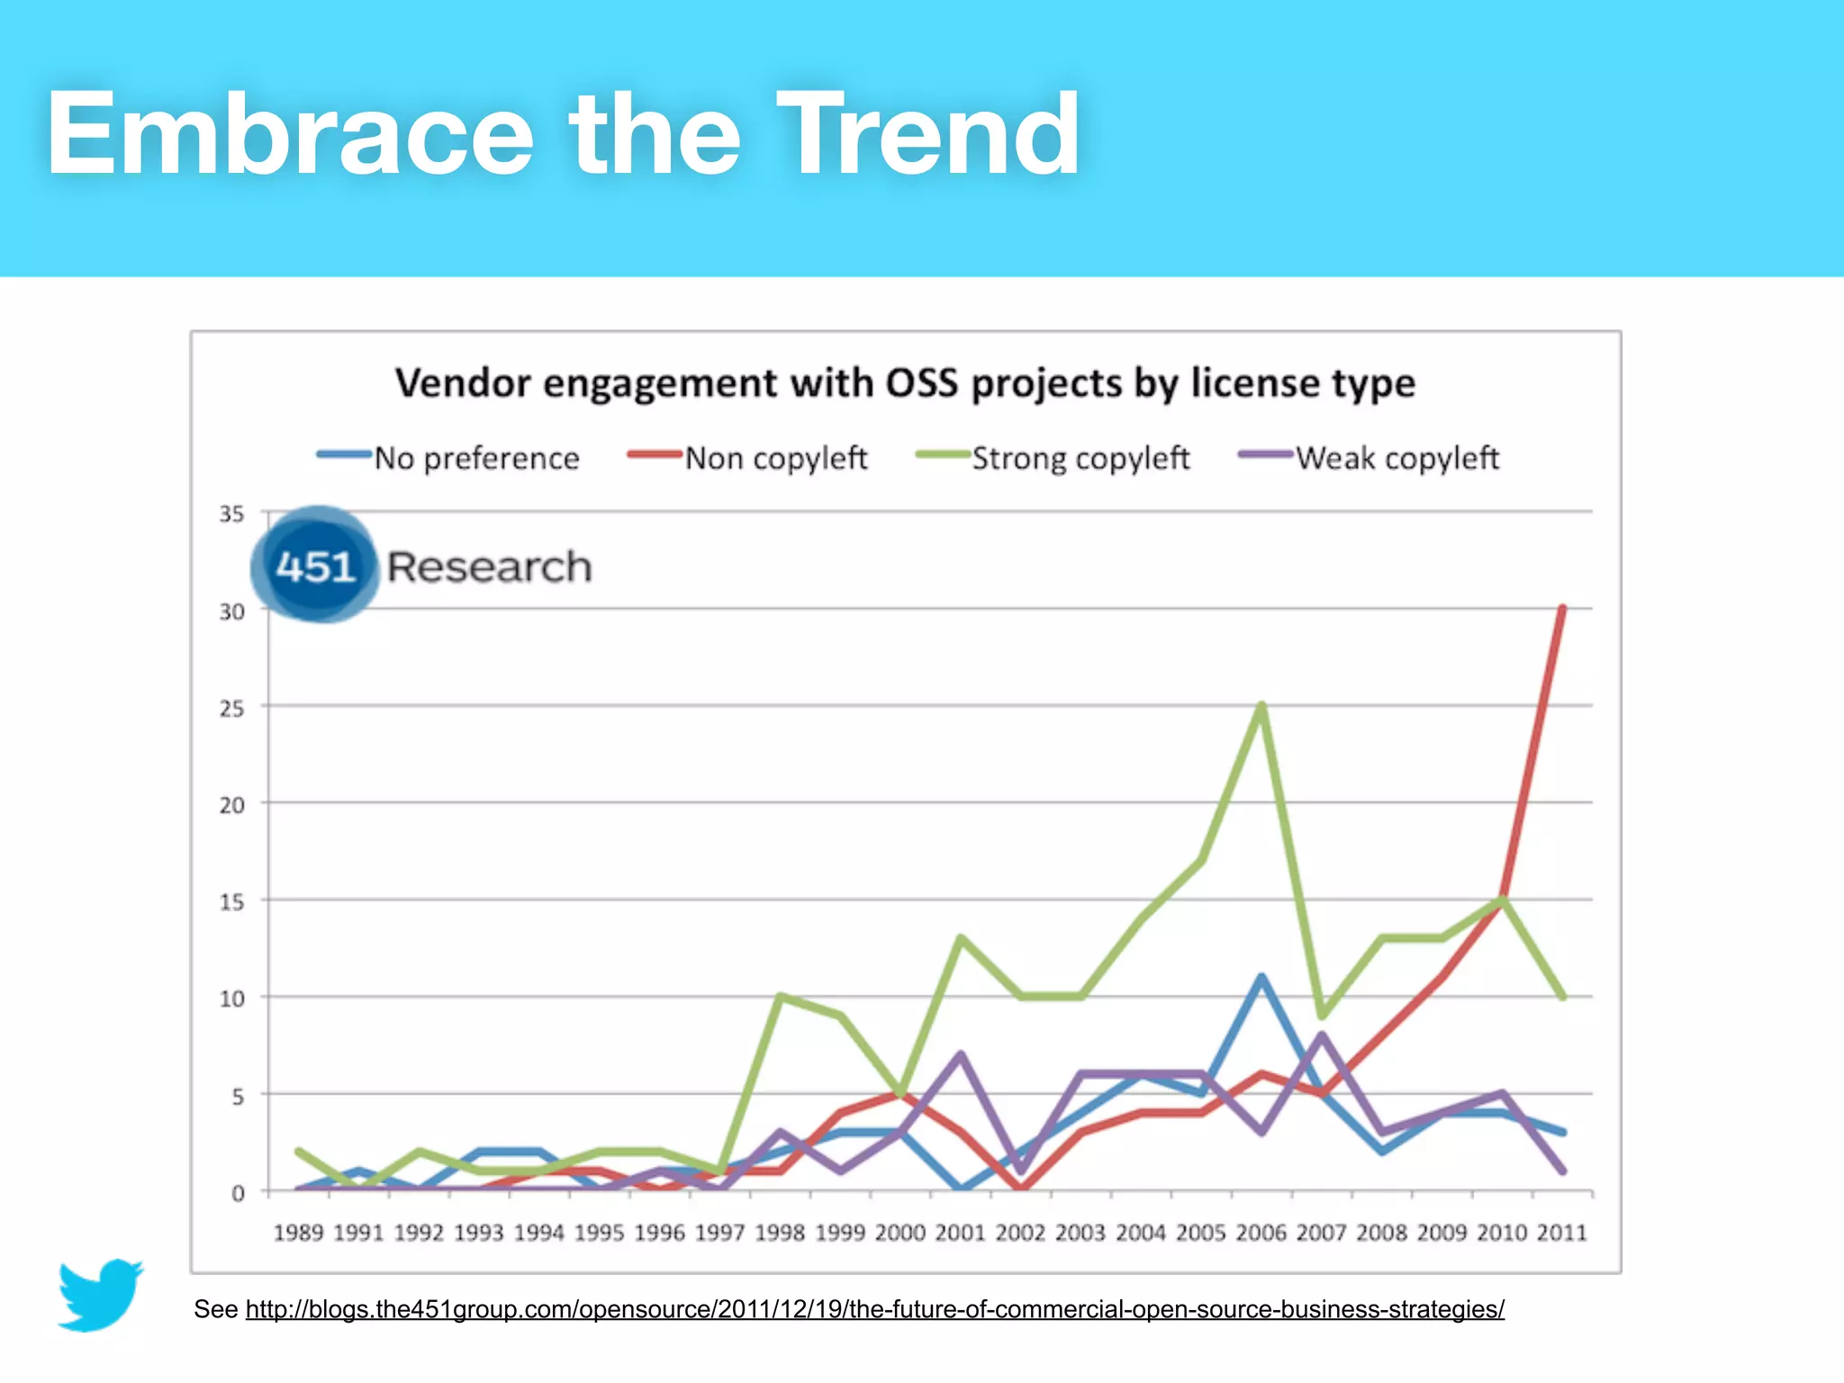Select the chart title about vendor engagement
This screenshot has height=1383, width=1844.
pos(905,384)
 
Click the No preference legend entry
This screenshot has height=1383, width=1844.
pos(475,458)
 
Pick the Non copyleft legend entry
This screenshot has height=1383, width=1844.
pos(775,458)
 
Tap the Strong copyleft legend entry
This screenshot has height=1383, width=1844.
pos(1080,458)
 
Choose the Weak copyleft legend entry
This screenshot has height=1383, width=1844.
pos(1397,458)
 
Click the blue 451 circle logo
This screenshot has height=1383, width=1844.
pos(315,565)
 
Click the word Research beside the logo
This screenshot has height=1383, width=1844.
pos(489,567)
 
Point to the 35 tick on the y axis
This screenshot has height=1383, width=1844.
pos(231,514)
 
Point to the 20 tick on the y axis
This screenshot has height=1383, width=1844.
pos(231,805)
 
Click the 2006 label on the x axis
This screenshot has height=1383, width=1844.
pos(1261,1233)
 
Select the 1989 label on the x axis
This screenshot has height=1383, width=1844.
pos(298,1233)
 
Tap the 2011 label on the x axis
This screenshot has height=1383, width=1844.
pos(1561,1233)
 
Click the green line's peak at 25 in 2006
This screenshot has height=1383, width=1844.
pos(1261,706)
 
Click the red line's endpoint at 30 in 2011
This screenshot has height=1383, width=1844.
pos(1561,610)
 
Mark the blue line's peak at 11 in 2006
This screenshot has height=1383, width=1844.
pos(1261,978)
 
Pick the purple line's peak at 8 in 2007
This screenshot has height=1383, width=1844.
pos(1321,1035)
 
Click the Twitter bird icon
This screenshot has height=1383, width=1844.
pos(100,1295)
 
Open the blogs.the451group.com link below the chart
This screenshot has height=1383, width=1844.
pos(874,1309)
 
